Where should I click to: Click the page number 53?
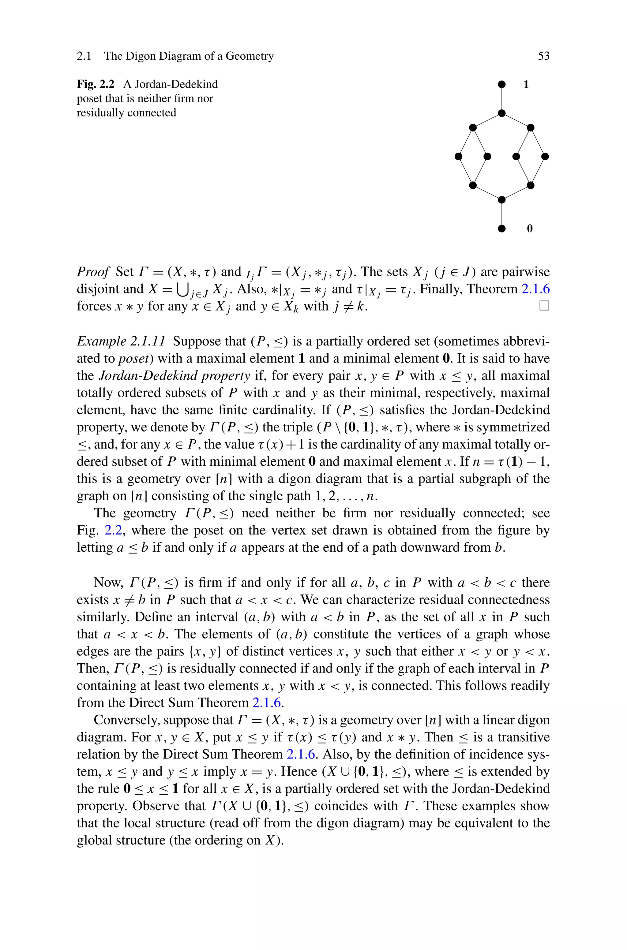(x=543, y=56)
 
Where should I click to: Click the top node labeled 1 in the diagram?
(x=502, y=84)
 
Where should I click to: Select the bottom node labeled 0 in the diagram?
(x=502, y=229)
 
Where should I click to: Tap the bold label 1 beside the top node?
(x=526, y=84)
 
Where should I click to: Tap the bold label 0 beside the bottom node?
(x=530, y=229)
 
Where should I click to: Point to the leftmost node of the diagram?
(x=459, y=157)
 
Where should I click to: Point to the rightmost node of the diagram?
(x=545, y=157)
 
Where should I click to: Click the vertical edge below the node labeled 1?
(x=502, y=99)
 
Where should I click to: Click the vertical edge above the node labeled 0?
(x=502, y=214)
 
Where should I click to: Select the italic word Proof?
(x=93, y=272)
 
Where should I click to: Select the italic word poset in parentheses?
(x=136, y=359)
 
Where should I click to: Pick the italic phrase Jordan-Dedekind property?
(x=174, y=376)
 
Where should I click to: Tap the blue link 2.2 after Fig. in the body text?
(x=111, y=531)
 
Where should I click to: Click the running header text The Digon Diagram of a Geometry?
(x=189, y=56)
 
